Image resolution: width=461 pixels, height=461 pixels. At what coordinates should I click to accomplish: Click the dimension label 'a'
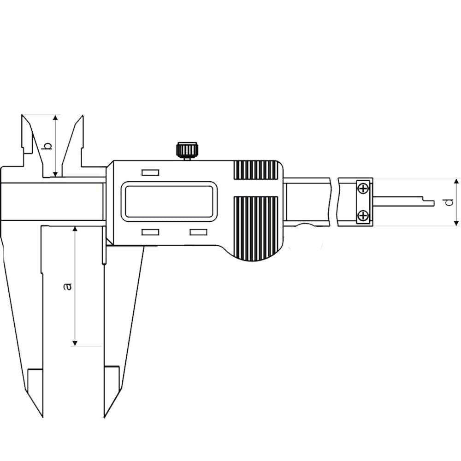point(68,286)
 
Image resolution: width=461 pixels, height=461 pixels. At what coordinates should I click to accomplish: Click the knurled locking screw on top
point(188,151)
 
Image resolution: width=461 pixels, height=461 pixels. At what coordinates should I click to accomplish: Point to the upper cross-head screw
point(364,188)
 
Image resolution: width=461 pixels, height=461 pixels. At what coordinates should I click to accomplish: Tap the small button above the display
point(151,172)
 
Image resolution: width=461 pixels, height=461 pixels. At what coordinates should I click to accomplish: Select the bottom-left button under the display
point(151,232)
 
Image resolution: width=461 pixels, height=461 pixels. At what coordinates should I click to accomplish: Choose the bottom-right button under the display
point(198,232)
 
